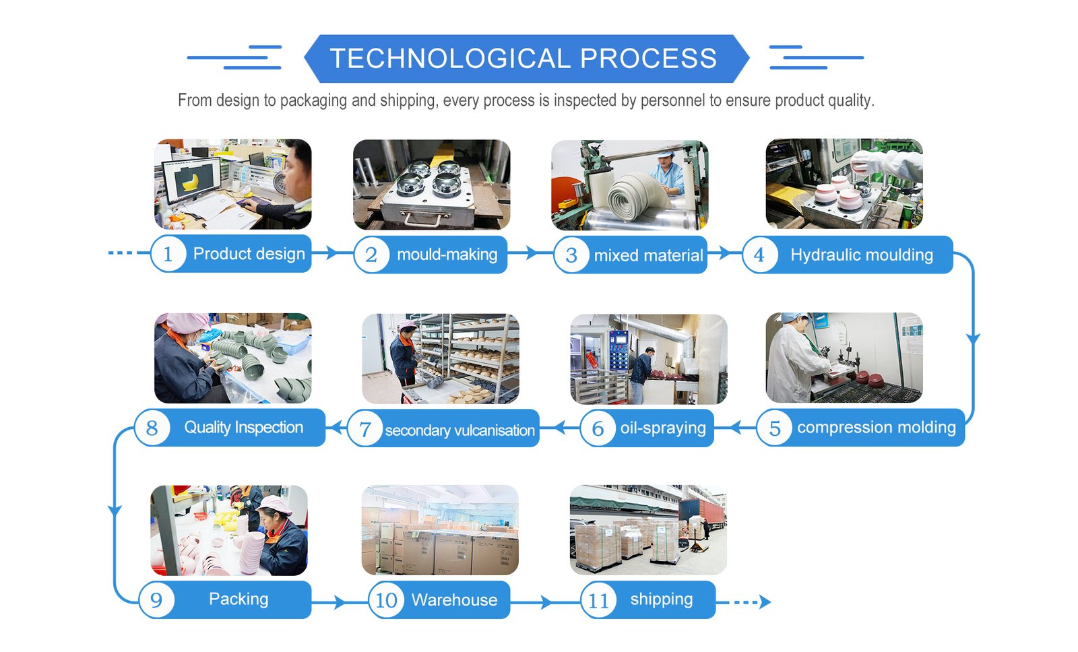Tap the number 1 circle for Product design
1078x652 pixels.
[x=168, y=254]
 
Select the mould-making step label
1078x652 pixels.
[x=447, y=255]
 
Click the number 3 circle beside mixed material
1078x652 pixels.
[x=571, y=255]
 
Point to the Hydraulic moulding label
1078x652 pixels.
[x=861, y=255]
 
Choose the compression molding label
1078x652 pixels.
[x=876, y=428]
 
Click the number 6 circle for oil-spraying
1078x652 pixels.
[x=598, y=428]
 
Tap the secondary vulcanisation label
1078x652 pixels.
[x=459, y=430]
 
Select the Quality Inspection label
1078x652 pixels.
[x=243, y=428]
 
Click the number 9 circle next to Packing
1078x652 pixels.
[x=156, y=599]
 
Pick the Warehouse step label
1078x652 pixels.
[x=454, y=600]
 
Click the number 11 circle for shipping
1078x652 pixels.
[x=598, y=600]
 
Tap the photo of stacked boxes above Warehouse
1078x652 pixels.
[x=440, y=531]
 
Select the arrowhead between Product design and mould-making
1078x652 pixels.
[x=331, y=253]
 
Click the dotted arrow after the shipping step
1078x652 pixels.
[x=748, y=601]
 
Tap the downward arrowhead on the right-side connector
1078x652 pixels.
[x=972, y=338]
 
